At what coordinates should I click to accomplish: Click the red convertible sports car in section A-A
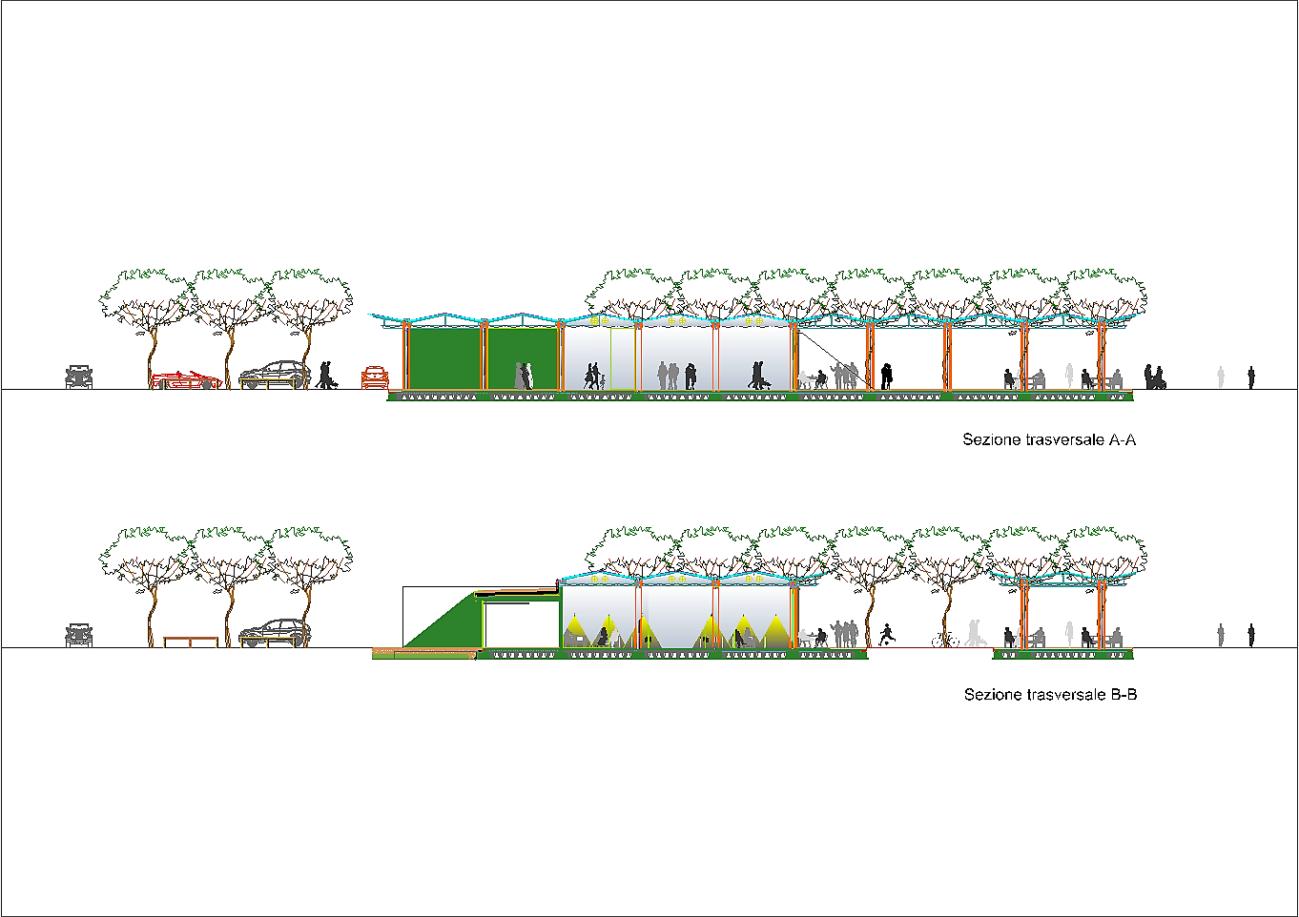(x=186, y=380)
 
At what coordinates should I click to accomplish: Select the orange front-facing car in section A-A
(x=375, y=377)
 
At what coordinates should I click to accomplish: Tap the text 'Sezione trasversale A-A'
(x=1049, y=440)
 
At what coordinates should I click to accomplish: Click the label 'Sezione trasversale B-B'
(x=1050, y=695)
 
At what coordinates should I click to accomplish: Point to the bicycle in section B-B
(x=943, y=640)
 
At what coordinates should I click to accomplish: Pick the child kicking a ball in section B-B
(x=887, y=634)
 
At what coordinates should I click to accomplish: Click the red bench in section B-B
(x=191, y=642)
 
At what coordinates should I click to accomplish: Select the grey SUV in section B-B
(x=275, y=633)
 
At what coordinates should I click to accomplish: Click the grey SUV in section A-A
(x=275, y=375)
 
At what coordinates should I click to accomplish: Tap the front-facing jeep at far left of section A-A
(x=79, y=377)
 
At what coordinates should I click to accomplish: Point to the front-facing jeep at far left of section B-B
(x=79, y=635)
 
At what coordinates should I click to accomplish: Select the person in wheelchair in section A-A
(x=1154, y=378)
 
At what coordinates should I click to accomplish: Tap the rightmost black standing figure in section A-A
(x=1251, y=378)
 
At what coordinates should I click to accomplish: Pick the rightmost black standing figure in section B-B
(x=1251, y=636)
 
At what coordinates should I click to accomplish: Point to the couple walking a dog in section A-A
(x=327, y=375)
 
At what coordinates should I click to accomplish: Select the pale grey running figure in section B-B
(x=973, y=633)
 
